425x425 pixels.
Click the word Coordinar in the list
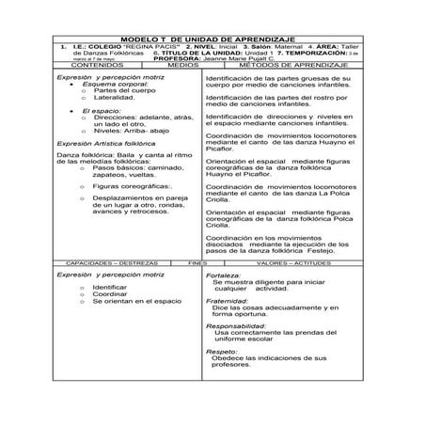coord(109,293)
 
